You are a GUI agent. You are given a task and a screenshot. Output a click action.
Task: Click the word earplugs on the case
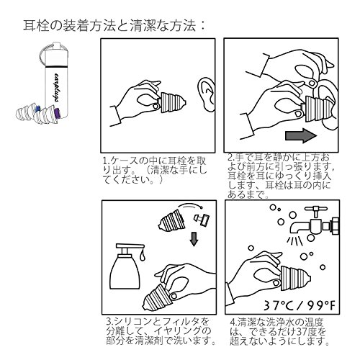pyautogui.click(x=56, y=88)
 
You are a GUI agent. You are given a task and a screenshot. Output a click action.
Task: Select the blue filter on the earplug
pyautogui.click(x=37, y=108)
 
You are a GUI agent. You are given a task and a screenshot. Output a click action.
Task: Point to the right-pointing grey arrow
pyautogui.click(x=301, y=135)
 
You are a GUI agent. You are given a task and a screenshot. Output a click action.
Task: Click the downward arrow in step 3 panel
pyautogui.click(x=194, y=239)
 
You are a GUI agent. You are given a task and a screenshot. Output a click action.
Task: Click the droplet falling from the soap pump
pyautogui.click(x=143, y=256)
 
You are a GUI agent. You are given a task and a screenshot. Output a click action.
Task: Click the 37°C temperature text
pyautogui.click(x=279, y=305)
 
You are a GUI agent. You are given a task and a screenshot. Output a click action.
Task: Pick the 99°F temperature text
pyautogui.click(x=318, y=305)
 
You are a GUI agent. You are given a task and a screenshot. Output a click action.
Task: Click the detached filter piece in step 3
pyautogui.click(x=202, y=220)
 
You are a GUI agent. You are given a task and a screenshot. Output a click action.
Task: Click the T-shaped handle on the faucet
pyautogui.click(x=315, y=211)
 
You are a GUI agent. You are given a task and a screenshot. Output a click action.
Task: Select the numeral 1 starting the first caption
pyautogui.click(x=104, y=161)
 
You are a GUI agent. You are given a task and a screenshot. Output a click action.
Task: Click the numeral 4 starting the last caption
pyautogui.click(x=233, y=322)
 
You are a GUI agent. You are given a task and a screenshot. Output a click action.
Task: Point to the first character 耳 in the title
pyautogui.click(x=29, y=25)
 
